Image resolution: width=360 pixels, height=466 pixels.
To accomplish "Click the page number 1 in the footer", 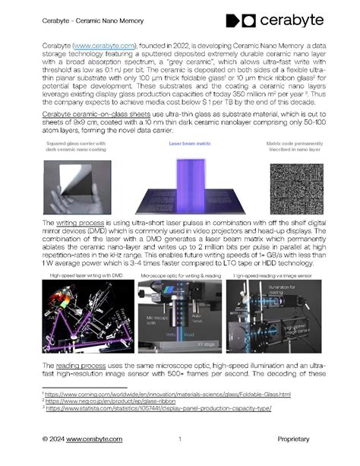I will [180, 439].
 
